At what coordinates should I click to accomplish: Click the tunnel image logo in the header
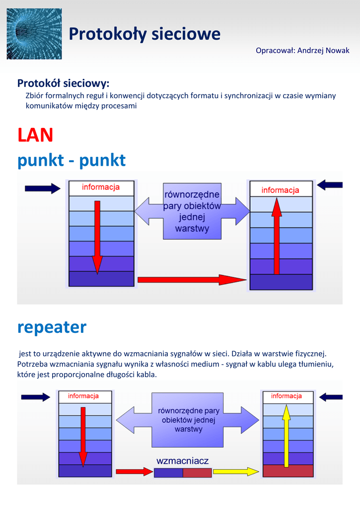pos(34,34)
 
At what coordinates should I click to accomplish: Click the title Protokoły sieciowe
pos(144,34)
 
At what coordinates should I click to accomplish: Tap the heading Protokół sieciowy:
pos(63,83)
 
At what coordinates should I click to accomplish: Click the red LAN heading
pos(35,134)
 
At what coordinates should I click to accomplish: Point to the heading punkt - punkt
pos(72,160)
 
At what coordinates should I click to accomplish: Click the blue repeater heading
pos(52,327)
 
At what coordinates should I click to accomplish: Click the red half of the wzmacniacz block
pos(197,472)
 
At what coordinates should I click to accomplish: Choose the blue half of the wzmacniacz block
pos(168,472)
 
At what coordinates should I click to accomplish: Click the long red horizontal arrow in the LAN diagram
pos(192,280)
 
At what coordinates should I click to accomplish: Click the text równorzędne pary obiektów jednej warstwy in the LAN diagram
pos(192,211)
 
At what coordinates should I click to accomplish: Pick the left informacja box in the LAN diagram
pos(101,188)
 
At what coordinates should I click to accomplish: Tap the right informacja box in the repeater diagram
pos(287,396)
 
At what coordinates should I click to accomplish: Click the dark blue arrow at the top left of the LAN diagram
pos(42,188)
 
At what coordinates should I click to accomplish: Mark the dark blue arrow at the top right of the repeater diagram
pos(331,397)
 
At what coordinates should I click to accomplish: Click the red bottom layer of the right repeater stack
pos(288,471)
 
